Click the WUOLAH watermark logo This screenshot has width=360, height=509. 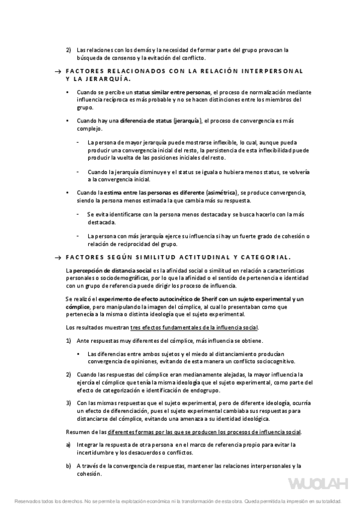click(316, 484)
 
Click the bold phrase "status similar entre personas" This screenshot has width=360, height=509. click(172, 92)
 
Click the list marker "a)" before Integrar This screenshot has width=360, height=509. click(68, 444)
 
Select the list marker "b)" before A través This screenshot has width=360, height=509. click(68, 466)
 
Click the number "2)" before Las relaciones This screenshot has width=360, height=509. click(68, 50)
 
